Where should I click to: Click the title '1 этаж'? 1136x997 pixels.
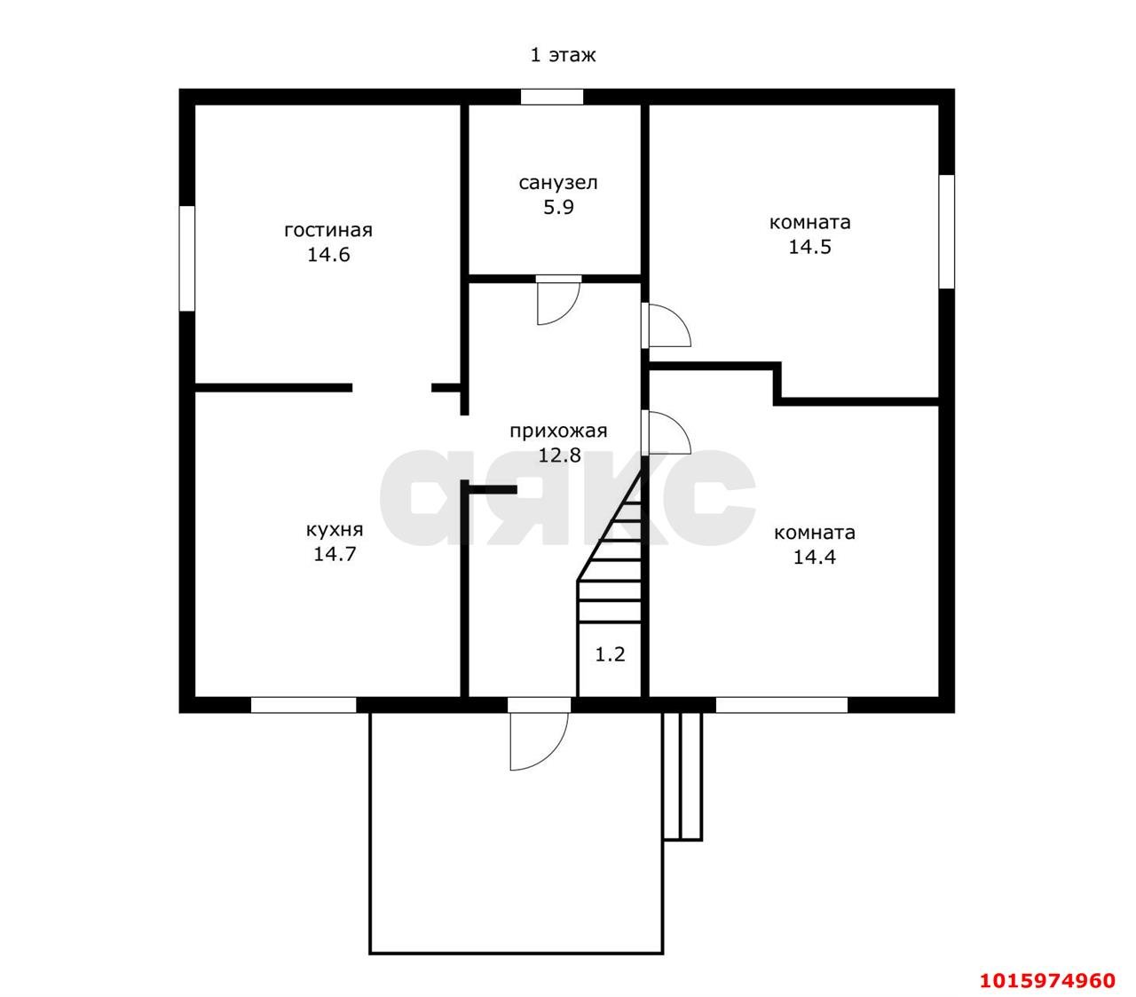click(563, 55)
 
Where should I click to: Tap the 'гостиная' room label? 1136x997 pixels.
click(328, 231)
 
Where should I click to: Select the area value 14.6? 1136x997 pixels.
click(328, 255)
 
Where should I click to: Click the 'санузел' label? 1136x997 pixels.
click(558, 183)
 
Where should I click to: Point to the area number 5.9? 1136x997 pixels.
click(558, 208)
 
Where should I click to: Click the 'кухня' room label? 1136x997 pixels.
click(335, 530)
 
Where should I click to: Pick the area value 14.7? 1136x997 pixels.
click(335, 554)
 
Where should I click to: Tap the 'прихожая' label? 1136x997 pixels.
click(558, 431)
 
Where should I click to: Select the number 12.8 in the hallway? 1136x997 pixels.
click(559, 455)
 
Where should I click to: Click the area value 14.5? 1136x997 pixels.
click(809, 247)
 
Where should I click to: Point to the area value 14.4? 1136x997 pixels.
click(814, 558)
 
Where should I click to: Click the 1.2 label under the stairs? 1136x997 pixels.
click(610, 654)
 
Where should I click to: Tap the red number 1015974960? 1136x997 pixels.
click(1047, 980)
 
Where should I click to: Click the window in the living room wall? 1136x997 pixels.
click(186, 258)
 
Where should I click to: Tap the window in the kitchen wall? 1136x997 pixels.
click(304, 705)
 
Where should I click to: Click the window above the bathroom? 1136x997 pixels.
click(552, 97)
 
